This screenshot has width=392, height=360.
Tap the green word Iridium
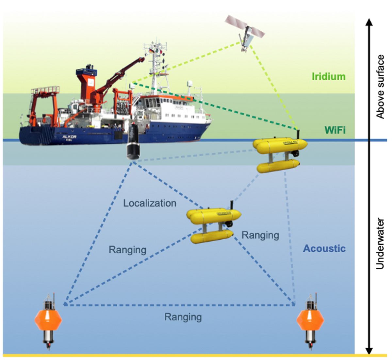point(328,77)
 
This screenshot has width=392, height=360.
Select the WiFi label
point(335,131)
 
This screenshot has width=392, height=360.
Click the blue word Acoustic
point(324,249)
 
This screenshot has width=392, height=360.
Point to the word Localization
point(150,203)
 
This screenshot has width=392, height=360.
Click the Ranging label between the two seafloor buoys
point(183,317)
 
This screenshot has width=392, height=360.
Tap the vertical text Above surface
point(380,86)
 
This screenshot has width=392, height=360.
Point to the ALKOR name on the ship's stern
point(69,137)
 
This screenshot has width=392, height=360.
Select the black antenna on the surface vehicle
point(298,134)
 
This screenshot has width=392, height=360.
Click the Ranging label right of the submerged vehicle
point(260,235)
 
